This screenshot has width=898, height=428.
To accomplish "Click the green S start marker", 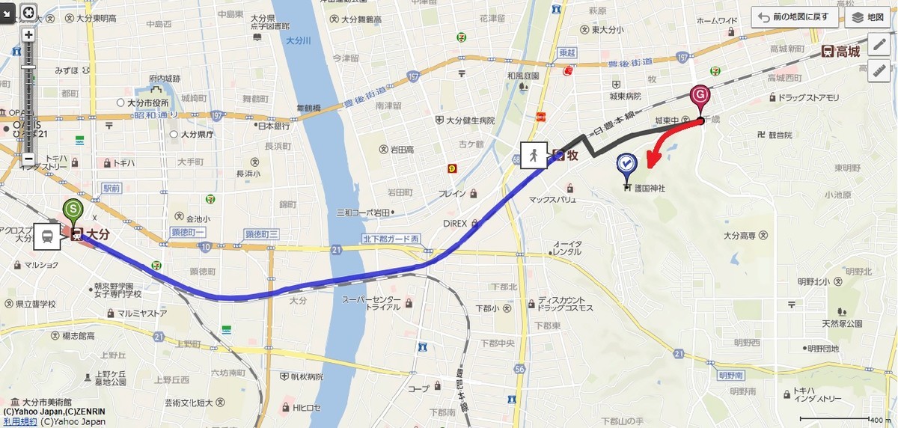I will click(72, 210).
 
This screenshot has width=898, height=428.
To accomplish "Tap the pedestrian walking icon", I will click(533, 156).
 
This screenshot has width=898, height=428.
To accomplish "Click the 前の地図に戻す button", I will click(795, 17).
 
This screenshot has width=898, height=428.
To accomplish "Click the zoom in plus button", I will click(28, 34).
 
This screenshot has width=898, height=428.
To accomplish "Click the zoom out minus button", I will click(28, 158).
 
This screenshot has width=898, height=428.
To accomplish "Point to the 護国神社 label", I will click(649, 188).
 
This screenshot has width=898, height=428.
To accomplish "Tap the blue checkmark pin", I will click(626, 164).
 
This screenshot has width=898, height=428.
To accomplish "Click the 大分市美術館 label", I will click(47, 402).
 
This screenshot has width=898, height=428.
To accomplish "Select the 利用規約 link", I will click(18, 421).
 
